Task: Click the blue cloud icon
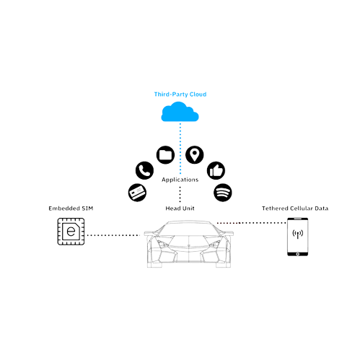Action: point(180,112)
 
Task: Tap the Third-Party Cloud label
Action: point(180,94)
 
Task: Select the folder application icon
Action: point(165,155)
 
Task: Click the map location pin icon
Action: point(195,155)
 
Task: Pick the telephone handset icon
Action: point(144,170)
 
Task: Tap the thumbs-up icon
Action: point(216,170)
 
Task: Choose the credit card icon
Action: point(137,193)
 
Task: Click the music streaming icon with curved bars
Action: point(223,193)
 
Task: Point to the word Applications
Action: point(180,180)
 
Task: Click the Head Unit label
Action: point(180,208)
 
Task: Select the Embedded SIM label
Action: point(71,208)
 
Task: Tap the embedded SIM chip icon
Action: point(71,232)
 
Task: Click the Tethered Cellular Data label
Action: point(295,208)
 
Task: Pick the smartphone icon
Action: point(298,237)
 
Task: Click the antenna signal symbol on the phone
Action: point(298,234)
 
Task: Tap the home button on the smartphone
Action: point(298,254)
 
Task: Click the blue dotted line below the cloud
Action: point(180,149)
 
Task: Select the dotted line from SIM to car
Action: point(113,235)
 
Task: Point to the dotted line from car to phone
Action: point(251,223)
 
